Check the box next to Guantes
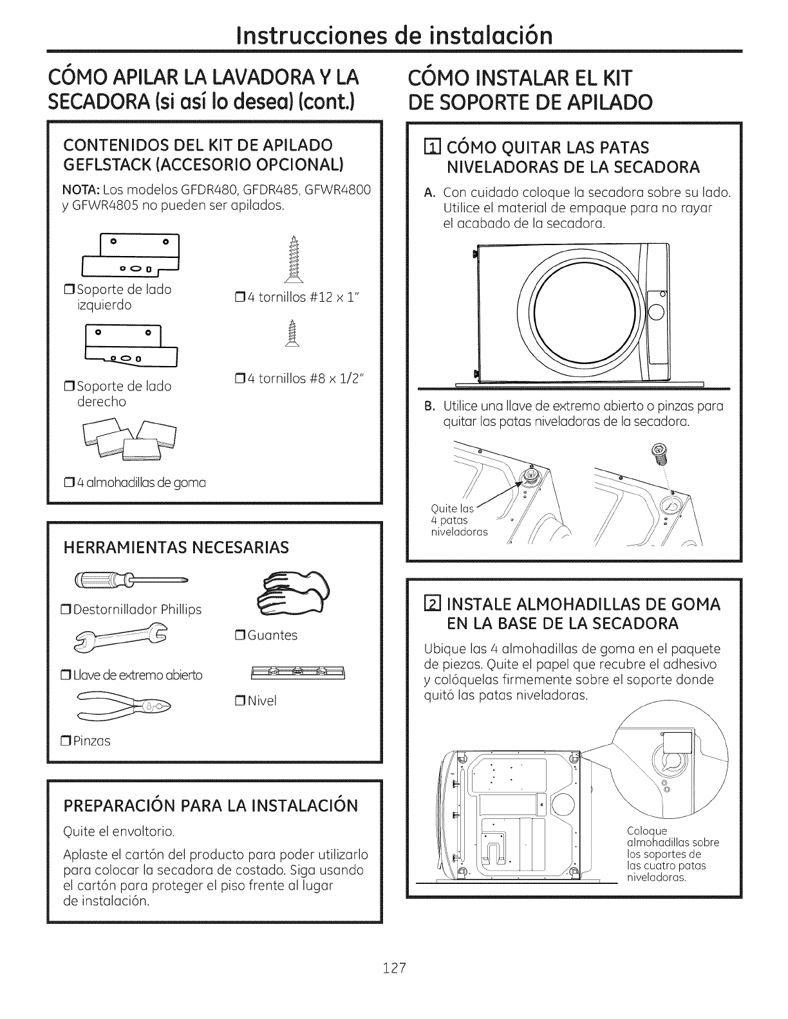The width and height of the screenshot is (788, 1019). click(238, 636)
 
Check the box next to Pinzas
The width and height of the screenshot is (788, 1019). click(66, 741)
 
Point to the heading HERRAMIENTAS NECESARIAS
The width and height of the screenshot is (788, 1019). click(175, 547)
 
